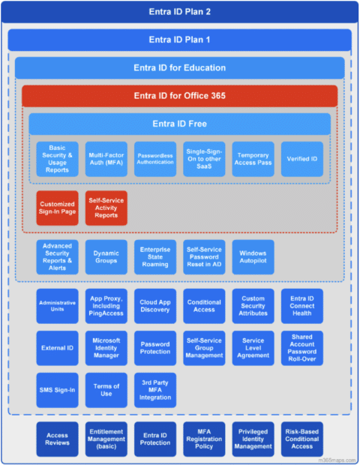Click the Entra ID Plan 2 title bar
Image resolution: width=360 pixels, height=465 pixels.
tap(180, 13)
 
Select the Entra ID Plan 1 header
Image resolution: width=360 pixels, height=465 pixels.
tap(180, 40)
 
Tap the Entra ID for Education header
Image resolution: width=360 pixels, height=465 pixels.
tap(180, 68)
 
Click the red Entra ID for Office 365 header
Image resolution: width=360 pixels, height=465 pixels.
tap(180, 96)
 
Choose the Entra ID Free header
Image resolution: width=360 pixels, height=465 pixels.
tap(180, 124)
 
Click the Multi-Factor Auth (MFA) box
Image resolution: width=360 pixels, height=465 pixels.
tap(106, 159)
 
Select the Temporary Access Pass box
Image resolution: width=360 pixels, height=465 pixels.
tap(253, 159)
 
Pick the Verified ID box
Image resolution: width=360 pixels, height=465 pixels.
tap(302, 159)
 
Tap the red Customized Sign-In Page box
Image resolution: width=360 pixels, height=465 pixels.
tap(57, 208)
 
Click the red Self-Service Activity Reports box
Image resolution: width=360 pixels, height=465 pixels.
tap(106, 208)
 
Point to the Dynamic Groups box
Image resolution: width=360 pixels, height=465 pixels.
tap(106, 256)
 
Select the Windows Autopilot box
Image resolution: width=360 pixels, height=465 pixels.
tap(253, 256)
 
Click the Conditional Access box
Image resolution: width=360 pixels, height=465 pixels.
tap(204, 306)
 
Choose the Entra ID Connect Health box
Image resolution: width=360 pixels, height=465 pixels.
tap(302, 306)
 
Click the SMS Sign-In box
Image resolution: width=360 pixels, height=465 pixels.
tap(57, 391)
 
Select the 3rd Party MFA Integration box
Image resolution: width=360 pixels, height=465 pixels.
tap(155, 391)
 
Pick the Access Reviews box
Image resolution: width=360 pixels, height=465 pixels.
tap(57, 439)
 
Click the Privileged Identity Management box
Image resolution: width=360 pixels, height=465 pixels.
tap(253, 439)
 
